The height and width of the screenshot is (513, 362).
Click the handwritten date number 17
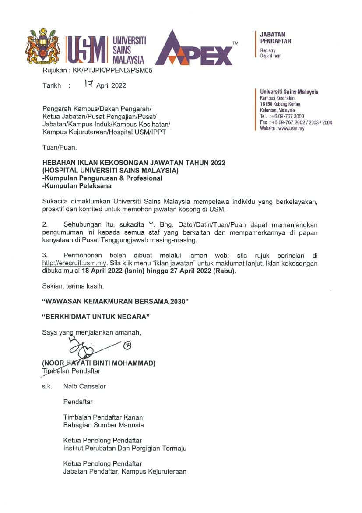(x=89, y=85)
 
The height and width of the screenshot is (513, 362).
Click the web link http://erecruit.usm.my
(x=75, y=263)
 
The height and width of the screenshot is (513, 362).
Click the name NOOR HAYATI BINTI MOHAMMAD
(x=98, y=363)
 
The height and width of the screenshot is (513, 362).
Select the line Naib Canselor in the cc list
(x=84, y=386)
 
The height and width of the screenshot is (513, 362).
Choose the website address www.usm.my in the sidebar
(x=291, y=128)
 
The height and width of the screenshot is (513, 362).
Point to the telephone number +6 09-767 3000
(x=288, y=116)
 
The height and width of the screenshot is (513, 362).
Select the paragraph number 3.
(x=45, y=255)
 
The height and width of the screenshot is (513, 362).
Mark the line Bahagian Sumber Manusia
(x=103, y=425)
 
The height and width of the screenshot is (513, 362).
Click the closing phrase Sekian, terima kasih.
(x=73, y=286)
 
